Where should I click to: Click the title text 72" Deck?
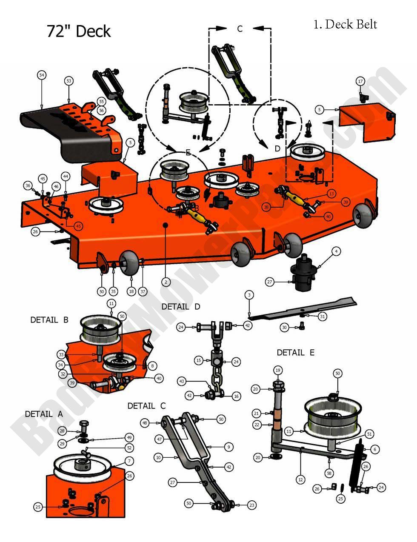[x=79, y=31]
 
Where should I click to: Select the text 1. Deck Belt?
[x=345, y=24]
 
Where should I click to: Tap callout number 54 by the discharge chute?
[x=41, y=75]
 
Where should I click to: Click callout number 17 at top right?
[x=360, y=81]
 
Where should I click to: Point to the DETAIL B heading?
[x=49, y=319]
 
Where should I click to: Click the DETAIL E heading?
[x=296, y=352]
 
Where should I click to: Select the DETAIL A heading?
[x=44, y=414]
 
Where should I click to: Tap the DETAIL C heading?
[x=146, y=406]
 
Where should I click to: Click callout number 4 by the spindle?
[x=336, y=252]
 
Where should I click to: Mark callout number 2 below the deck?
[x=166, y=281]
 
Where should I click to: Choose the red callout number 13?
[x=331, y=194]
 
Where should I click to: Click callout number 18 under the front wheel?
[x=131, y=291]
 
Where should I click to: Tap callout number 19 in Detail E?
[x=278, y=371]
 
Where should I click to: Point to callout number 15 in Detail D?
[x=198, y=360]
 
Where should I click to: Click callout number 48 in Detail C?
[x=145, y=423]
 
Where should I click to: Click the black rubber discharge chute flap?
[x=47, y=128]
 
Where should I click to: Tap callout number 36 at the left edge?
[x=28, y=185]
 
